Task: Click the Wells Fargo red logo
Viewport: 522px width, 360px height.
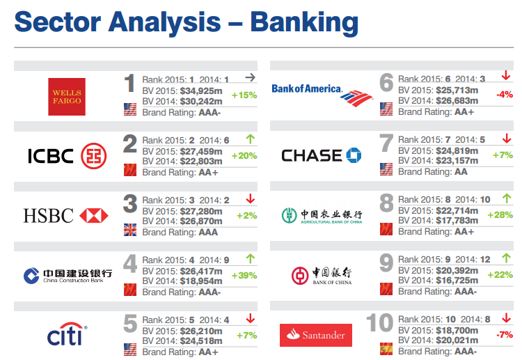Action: coord(67,97)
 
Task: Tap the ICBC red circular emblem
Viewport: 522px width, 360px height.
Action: coord(94,156)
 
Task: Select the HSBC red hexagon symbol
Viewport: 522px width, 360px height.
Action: coord(94,215)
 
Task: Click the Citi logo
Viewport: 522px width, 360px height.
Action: coord(67,334)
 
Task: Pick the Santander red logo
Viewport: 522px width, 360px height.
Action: coord(315,335)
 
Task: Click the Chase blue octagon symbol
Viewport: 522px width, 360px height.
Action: coord(354,155)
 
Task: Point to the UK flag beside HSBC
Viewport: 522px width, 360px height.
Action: coord(130,230)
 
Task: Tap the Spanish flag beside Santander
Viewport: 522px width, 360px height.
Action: coord(386,349)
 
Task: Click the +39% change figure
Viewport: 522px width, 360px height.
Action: coord(244,276)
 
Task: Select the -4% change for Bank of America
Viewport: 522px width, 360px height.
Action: coord(505,95)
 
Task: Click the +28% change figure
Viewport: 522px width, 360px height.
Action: coord(500,214)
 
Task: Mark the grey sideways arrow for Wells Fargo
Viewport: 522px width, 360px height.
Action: coord(251,77)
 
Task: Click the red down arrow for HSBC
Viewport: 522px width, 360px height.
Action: coord(251,198)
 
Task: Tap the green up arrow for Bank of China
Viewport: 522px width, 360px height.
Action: coord(507,258)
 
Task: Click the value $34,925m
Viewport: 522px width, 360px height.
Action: coord(201,91)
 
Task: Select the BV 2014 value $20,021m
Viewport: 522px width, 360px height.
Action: coord(457,341)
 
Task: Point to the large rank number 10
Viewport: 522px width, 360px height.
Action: coord(379,322)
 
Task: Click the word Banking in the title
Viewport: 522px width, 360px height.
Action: coord(304,23)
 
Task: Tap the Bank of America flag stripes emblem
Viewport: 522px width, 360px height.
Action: coord(356,98)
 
